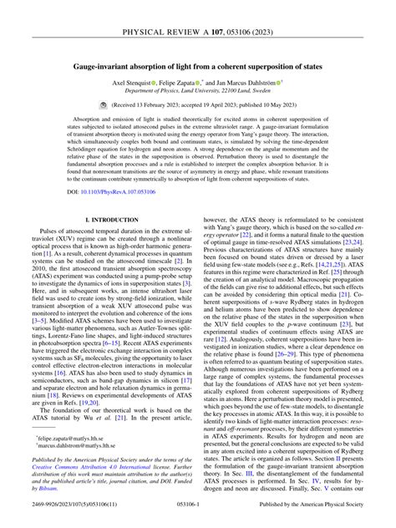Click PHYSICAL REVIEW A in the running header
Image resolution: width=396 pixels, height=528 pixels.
click(x=156, y=13)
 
